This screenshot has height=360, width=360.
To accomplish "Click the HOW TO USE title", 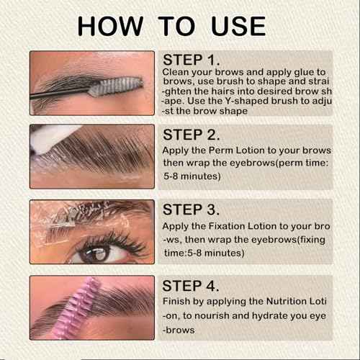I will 171,25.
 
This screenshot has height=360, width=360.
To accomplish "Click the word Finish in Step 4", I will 178,302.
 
